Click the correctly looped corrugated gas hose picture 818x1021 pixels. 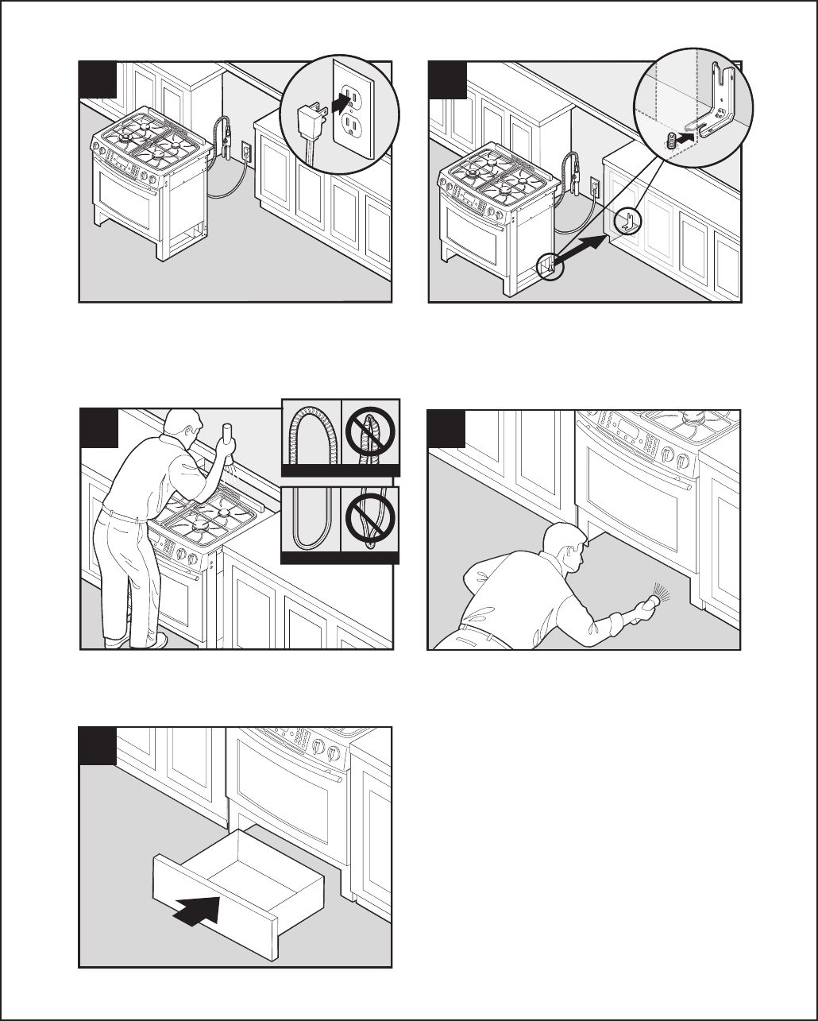point(311,438)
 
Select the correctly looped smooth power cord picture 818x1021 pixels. point(311,521)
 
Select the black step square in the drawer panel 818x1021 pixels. point(98,745)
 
